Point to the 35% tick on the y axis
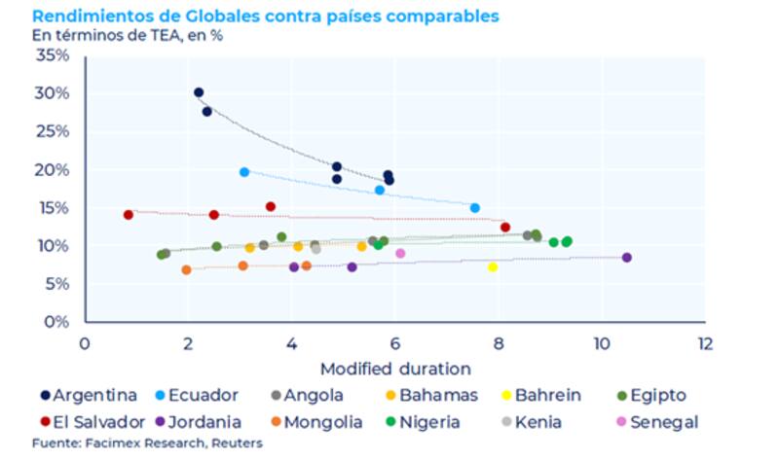coord(54,55)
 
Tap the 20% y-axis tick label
coord(54,170)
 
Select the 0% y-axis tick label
coord(57,322)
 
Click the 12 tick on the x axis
coord(705,343)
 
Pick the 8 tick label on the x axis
coord(499,343)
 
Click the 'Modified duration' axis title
coord(395,369)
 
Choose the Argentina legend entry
coord(89,395)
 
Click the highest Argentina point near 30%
coord(199,92)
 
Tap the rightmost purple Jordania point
coord(626,258)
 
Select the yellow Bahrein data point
coord(493,267)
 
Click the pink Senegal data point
coord(400,254)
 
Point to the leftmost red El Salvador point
coord(128,215)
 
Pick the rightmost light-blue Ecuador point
coord(475,208)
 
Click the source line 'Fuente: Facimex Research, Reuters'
coord(147,443)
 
